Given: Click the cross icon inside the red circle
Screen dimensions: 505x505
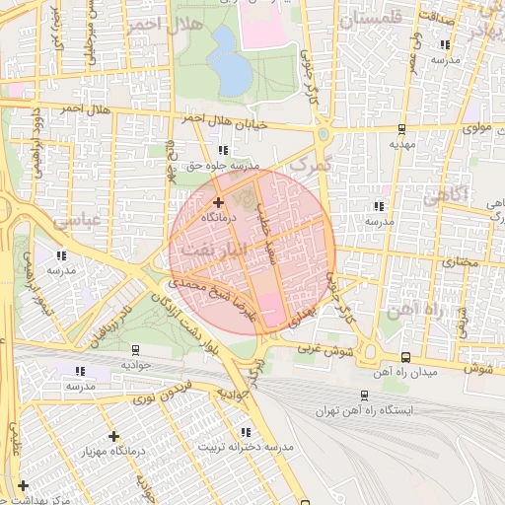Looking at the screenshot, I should point(218,202).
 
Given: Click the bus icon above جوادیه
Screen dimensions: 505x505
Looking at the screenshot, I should point(134,349).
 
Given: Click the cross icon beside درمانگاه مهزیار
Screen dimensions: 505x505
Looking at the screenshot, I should point(113,436).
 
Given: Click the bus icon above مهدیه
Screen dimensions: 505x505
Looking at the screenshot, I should point(400,128).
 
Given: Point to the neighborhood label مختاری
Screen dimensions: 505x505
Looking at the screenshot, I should point(456,263).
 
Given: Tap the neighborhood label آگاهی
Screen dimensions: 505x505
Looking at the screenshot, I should point(444,196).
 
